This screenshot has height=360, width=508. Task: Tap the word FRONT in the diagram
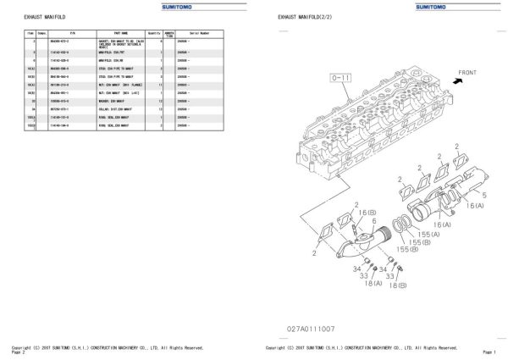coord(468,73)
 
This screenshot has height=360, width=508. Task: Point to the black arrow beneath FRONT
coord(458,82)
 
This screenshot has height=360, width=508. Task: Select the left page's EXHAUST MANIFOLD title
coord(39,17)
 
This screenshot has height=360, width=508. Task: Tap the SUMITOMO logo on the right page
coord(439,6)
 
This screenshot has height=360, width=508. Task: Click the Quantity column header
coord(155,34)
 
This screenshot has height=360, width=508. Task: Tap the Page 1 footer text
coord(489,352)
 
